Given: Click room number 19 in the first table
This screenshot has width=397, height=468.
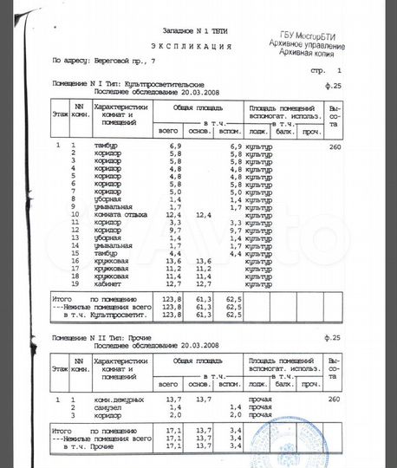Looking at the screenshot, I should [x=75, y=283].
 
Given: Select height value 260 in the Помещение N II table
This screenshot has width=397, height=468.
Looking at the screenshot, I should [x=335, y=399].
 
